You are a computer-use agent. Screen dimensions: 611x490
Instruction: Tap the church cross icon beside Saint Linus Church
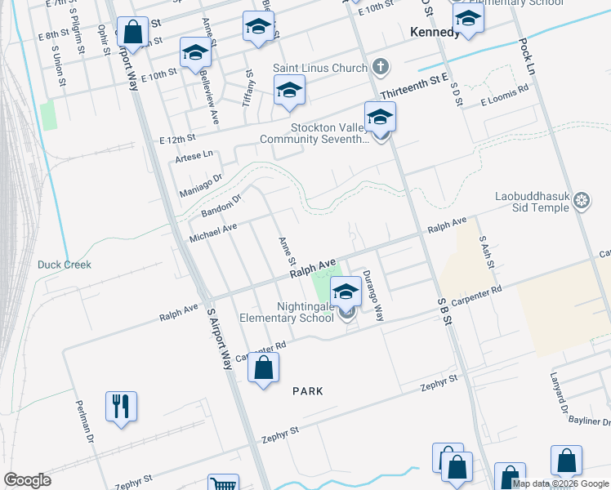tap(380, 66)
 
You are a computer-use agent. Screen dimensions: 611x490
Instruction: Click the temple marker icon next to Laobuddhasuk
tap(582, 201)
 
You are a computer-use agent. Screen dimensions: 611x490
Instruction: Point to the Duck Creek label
tap(65, 265)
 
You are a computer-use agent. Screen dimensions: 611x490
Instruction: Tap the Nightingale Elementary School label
tap(286, 311)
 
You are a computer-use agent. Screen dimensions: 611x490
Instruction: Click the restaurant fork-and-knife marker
tap(121, 405)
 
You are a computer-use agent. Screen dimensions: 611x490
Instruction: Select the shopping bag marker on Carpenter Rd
tap(263, 369)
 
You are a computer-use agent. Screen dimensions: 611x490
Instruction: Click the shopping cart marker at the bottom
tap(222, 483)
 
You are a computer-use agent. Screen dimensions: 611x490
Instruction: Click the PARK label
tap(308, 391)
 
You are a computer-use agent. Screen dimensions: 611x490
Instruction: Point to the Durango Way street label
tap(372, 296)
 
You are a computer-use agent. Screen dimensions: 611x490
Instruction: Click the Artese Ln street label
tap(193, 155)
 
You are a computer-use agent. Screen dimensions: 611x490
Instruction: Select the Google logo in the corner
tap(28, 479)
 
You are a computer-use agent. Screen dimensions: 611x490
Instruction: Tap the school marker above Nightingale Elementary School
tap(346, 291)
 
